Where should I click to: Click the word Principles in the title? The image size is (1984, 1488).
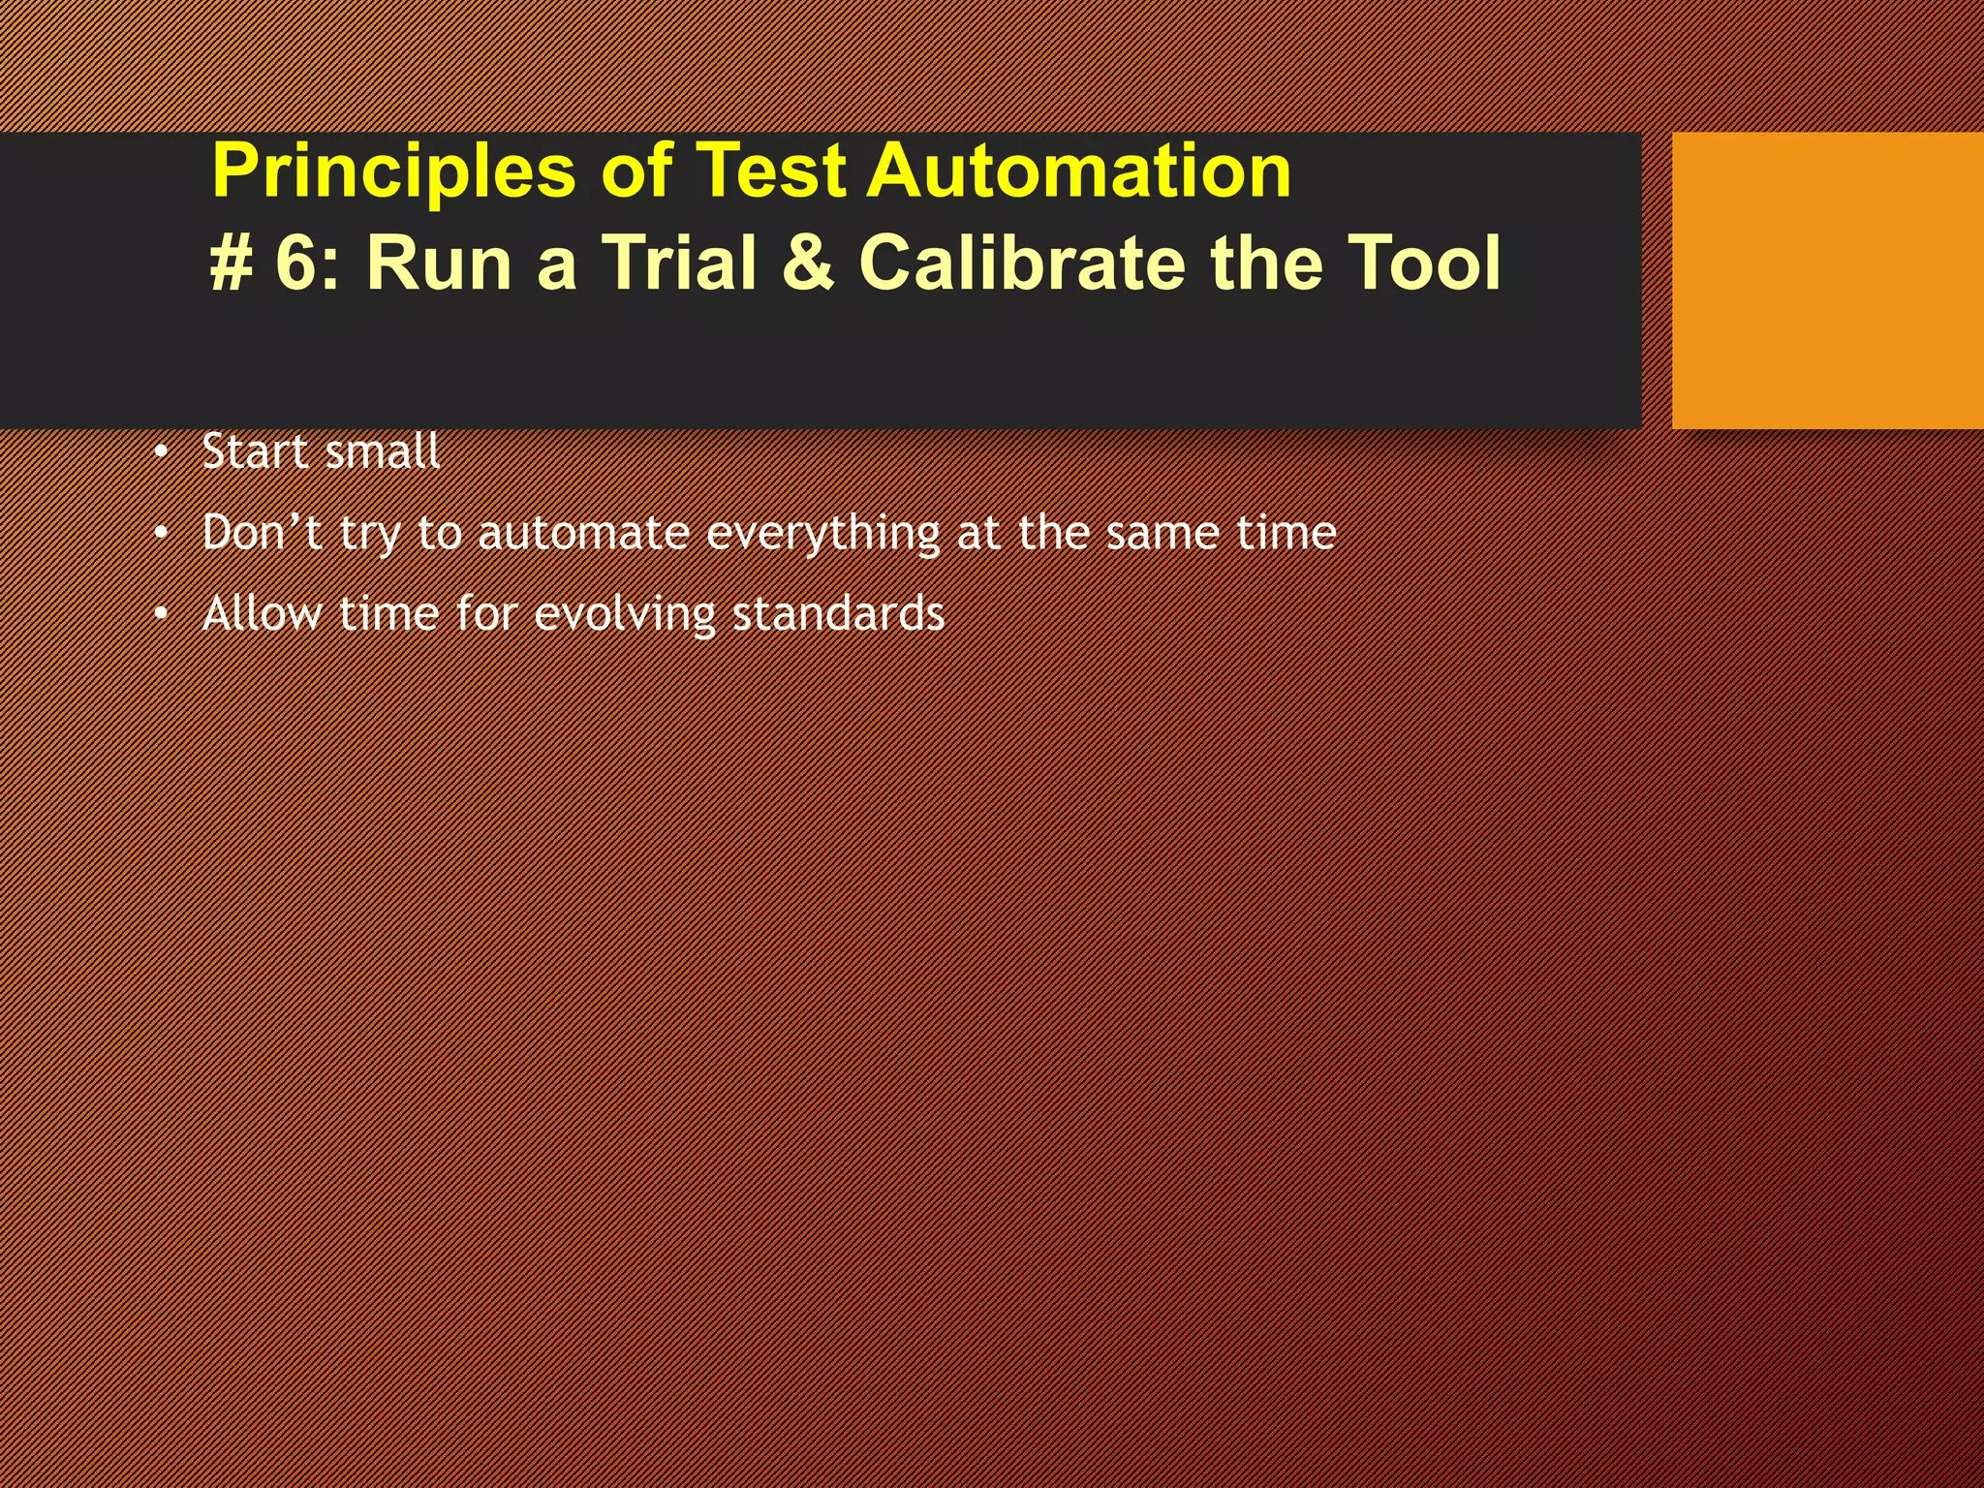tap(393, 171)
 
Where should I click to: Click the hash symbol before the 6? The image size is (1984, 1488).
tap(231, 263)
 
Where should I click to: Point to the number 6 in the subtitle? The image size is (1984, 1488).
tap(296, 263)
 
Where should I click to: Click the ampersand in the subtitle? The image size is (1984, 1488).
tap(807, 263)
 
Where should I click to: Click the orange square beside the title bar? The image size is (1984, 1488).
tap(1827, 281)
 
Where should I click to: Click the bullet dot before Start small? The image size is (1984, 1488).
tap(161, 453)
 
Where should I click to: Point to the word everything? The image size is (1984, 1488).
tap(822, 534)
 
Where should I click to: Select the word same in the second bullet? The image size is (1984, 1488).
tap(1163, 534)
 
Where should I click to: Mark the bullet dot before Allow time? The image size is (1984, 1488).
tap(161, 615)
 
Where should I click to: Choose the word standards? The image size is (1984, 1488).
tap(838, 614)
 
